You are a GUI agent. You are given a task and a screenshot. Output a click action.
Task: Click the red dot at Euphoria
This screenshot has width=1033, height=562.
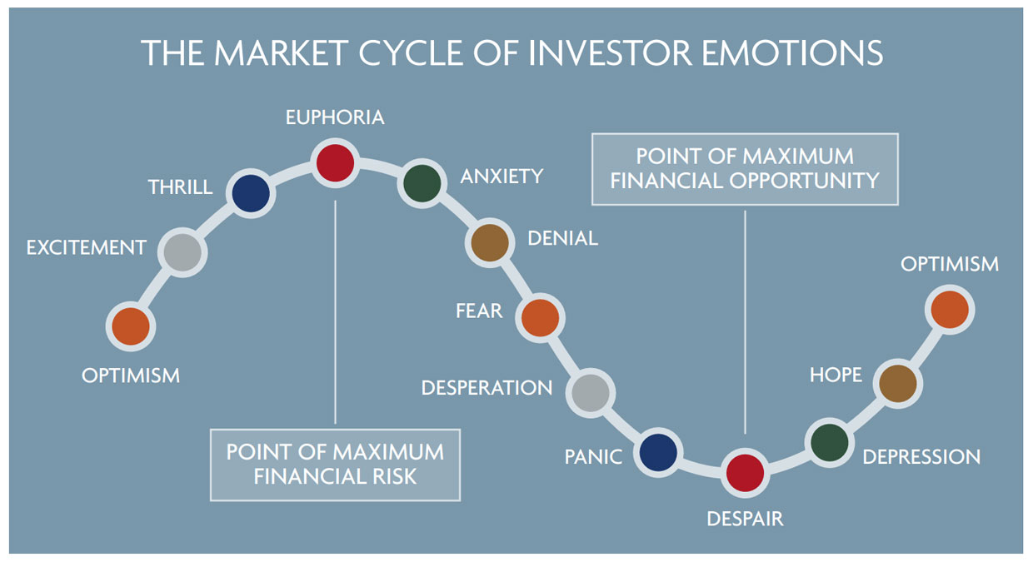click(x=335, y=162)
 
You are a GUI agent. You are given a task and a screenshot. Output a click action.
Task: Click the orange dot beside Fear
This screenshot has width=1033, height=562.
click(x=540, y=316)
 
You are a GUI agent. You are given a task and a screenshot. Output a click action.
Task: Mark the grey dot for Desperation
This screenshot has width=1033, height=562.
click(x=591, y=392)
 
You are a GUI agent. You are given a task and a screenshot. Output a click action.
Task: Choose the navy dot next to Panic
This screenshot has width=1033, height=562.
click(x=660, y=452)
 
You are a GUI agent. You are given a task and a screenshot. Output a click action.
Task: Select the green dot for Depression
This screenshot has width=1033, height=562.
click(x=831, y=442)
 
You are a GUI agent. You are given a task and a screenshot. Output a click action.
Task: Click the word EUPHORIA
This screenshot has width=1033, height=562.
click(x=335, y=117)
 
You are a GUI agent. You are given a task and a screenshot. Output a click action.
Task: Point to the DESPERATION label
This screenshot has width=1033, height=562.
click(x=487, y=388)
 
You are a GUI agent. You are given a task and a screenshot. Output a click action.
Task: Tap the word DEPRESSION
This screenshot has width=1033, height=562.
click(x=921, y=457)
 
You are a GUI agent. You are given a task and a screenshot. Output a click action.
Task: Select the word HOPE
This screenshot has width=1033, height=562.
click(x=836, y=375)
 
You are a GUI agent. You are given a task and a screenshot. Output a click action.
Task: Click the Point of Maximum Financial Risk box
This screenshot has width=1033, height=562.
click(x=335, y=465)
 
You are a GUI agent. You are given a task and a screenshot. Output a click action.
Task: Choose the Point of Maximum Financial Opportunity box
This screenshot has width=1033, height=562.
click(x=745, y=168)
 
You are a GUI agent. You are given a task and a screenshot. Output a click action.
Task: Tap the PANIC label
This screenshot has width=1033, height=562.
click(x=593, y=457)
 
